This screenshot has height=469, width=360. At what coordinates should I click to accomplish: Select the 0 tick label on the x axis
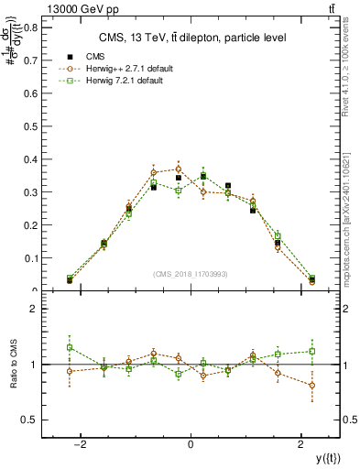coord(191,443)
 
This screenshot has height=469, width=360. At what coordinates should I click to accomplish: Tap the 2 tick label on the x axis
coord(301,443)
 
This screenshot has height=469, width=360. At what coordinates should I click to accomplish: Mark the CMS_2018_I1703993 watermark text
coord(191,274)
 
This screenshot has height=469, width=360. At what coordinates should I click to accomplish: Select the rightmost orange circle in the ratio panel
coord(312,386)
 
